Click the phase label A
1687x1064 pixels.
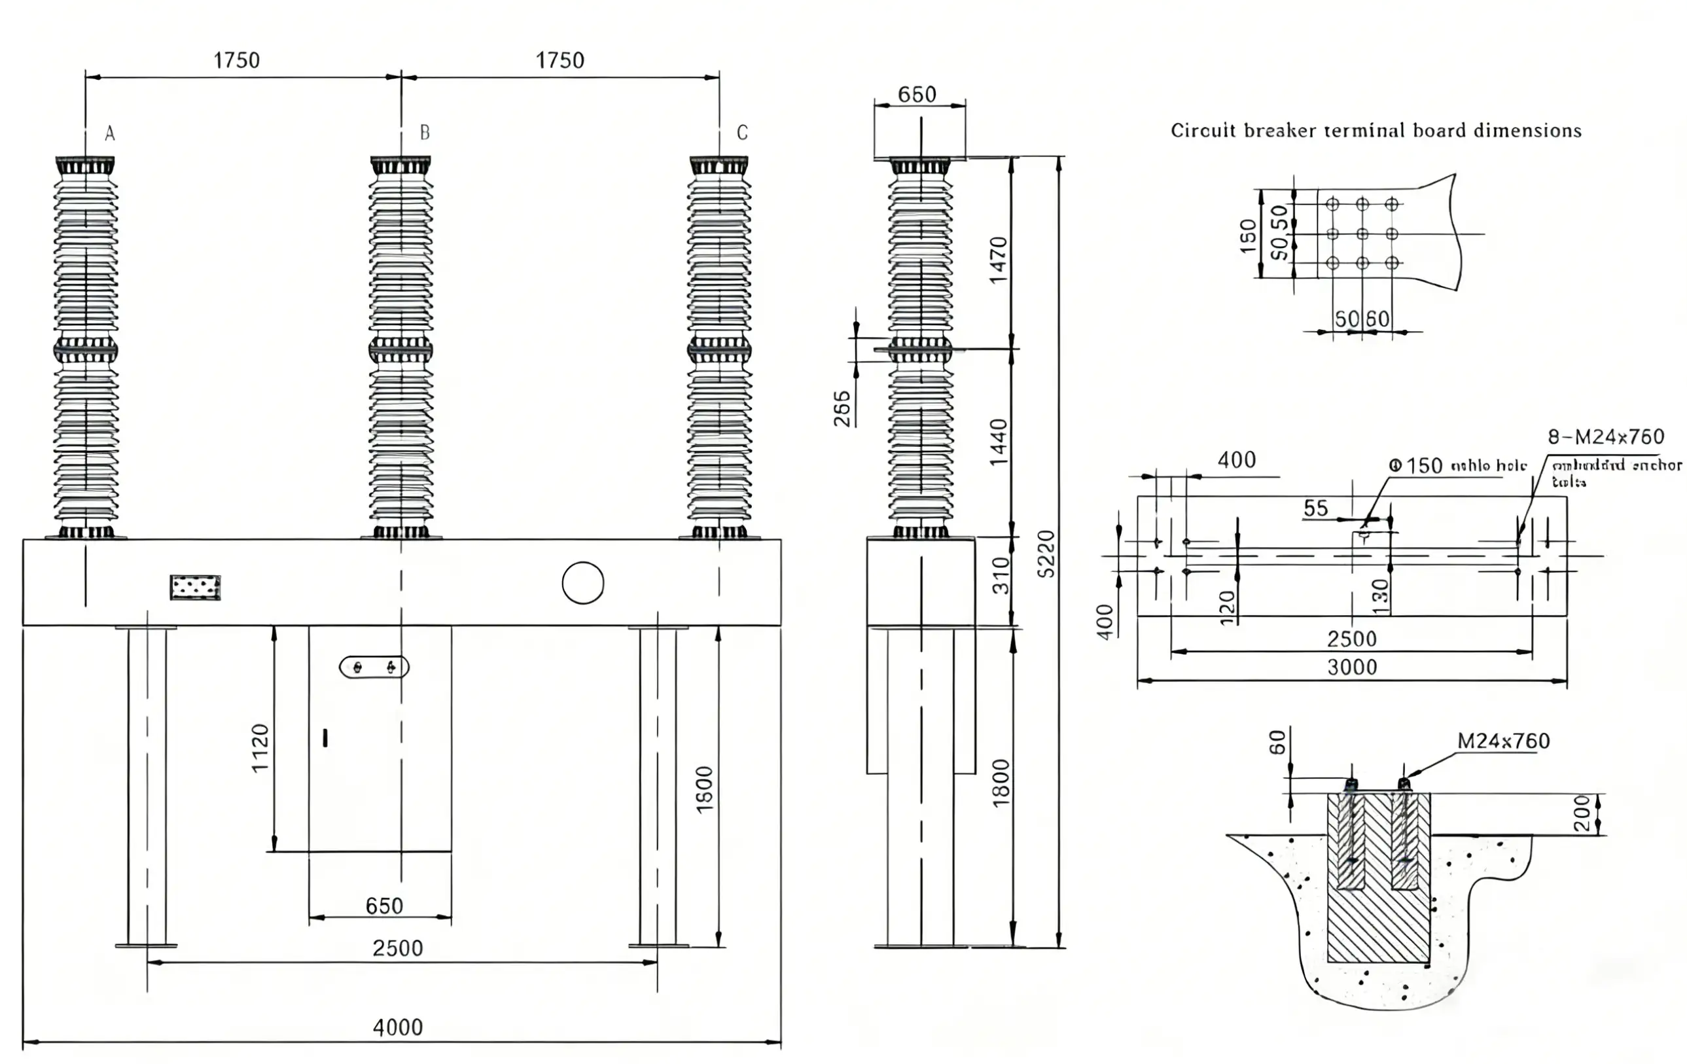pyautogui.click(x=109, y=133)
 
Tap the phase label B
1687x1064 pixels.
pyautogui.click(x=425, y=132)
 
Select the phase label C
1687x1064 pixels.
pyautogui.click(x=742, y=132)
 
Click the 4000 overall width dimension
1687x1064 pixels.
pyautogui.click(x=397, y=1027)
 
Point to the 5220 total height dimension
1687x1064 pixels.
pyautogui.click(x=1045, y=554)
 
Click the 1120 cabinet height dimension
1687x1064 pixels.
pyautogui.click(x=260, y=747)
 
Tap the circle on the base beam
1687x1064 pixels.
pyautogui.click(x=583, y=583)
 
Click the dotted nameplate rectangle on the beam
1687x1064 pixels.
pyautogui.click(x=196, y=588)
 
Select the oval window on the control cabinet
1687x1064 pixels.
pyautogui.click(x=374, y=667)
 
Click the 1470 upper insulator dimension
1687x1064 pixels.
pyautogui.click(x=998, y=260)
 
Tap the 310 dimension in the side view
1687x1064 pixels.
pyautogui.click(x=1001, y=575)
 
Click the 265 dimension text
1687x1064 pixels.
pyautogui.click(x=842, y=408)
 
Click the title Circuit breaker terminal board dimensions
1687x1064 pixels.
pyautogui.click(x=1376, y=131)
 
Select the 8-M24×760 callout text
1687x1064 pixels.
pyautogui.click(x=1605, y=437)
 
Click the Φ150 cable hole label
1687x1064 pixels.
pyautogui.click(x=1457, y=466)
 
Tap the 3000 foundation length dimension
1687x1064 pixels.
pyautogui.click(x=1351, y=667)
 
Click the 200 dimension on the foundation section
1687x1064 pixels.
pyautogui.click(x=1582, y=813)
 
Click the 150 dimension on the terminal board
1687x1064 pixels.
pyautogui.click(x=1248, y=236)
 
